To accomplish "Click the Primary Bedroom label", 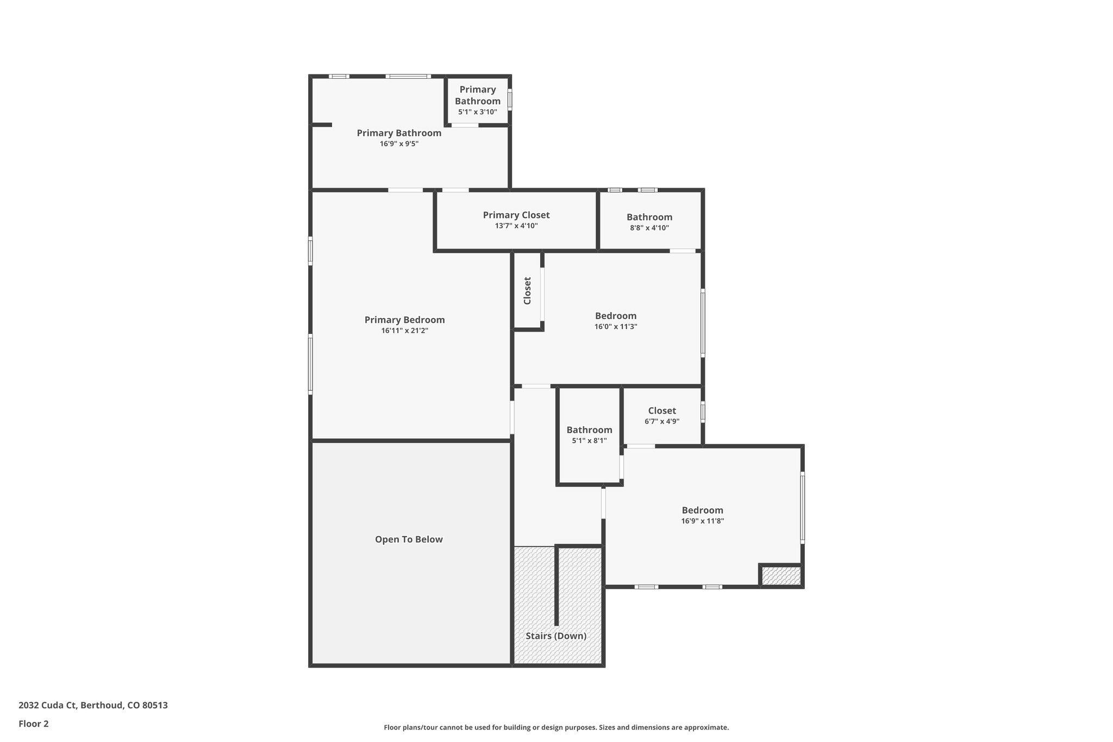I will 404,320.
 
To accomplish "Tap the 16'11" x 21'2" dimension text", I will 404,331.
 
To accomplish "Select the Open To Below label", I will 409,539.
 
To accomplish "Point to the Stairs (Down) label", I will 556,636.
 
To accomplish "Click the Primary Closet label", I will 516,215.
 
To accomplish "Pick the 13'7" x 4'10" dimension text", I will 516,226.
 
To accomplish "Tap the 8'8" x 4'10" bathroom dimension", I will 649,228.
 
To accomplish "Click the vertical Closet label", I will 527,291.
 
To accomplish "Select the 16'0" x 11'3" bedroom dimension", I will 616,327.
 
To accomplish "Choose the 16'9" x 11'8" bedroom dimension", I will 703,521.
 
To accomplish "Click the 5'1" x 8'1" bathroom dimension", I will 589,441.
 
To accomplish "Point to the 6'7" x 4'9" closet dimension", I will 662,421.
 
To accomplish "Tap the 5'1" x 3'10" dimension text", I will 478,112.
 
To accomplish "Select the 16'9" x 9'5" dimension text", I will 399,144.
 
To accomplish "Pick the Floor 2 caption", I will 34,724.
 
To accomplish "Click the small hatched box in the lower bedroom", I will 781,576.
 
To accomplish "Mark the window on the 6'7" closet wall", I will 703,411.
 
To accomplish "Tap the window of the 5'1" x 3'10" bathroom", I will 510,99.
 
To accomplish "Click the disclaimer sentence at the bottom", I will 556,727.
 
